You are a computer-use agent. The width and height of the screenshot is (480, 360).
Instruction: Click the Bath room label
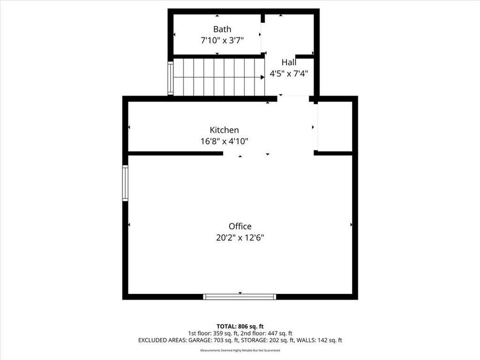222,29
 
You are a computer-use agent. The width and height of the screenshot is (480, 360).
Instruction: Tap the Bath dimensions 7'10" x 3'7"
222,40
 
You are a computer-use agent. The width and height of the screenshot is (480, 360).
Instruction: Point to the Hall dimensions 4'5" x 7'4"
289,74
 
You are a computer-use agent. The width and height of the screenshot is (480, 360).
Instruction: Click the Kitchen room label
224,130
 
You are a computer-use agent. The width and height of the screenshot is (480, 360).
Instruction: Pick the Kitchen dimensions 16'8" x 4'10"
224,141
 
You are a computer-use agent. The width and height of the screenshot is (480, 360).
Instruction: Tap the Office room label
240,226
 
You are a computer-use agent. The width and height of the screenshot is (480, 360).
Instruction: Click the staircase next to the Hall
219,77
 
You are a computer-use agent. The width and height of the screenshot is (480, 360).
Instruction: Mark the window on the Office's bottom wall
240,297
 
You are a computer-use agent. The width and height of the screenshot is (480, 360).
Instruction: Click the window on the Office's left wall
125,183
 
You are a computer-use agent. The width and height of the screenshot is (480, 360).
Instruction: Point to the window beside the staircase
171,78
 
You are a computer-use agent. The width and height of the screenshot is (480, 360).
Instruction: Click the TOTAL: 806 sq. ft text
240,326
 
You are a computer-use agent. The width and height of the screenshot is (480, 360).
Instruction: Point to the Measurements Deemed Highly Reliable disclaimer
240,350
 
